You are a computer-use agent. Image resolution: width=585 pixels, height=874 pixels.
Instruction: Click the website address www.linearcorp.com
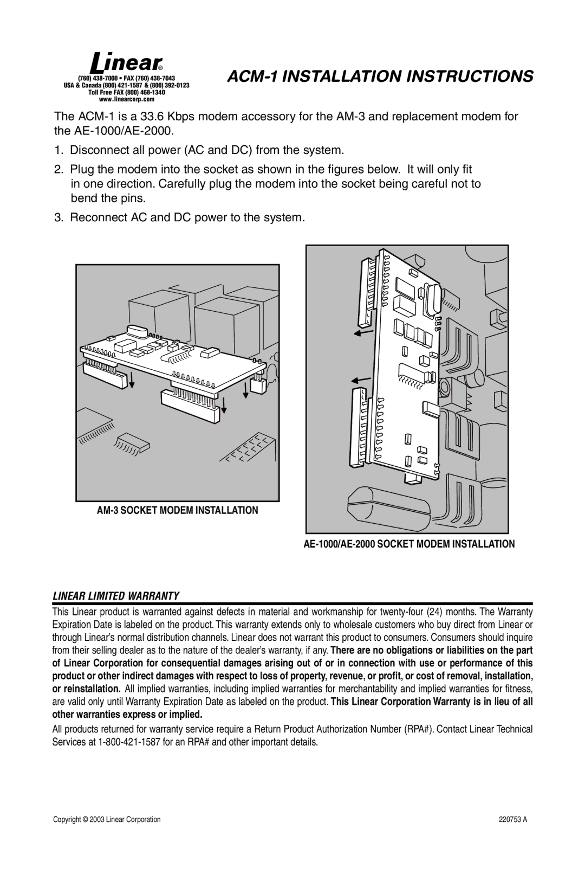(x=127, y=99)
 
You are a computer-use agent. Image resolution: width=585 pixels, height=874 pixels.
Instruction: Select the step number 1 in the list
(x=58, y=150)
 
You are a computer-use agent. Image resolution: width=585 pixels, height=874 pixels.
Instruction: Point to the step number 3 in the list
(x=58, y=217)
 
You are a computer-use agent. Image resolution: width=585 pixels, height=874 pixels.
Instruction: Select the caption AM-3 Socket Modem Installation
(x=178, y=510)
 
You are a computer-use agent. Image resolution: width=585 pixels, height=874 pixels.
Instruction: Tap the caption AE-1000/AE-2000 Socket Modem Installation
(x=409, y=544)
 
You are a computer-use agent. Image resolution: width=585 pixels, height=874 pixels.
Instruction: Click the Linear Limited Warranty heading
(x=116, y=596)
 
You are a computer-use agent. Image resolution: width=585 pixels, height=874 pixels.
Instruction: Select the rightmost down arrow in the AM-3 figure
(x=246, y=388)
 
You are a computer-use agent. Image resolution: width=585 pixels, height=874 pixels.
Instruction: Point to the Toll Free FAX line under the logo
(x=127, y=93)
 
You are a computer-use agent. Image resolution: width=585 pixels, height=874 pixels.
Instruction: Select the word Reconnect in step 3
(x=97, y=217)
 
